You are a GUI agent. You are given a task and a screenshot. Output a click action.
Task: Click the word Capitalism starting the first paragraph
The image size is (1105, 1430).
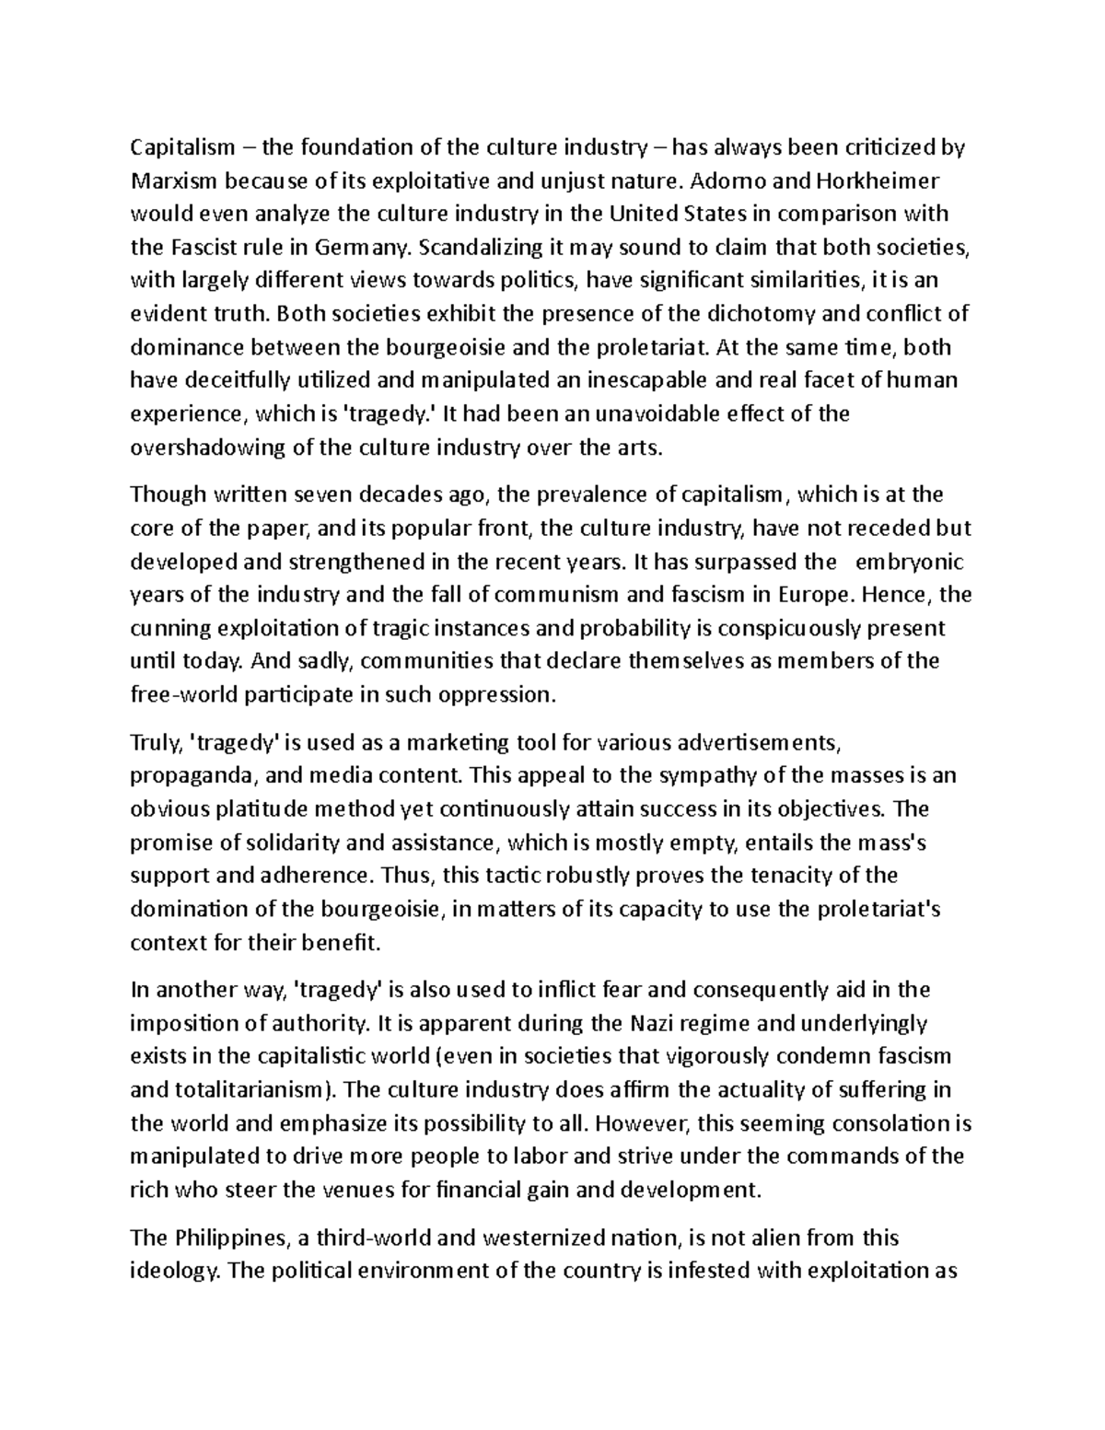(x=182, y=147)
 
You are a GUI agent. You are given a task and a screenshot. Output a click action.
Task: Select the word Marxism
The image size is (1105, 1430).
(x=170, y=180)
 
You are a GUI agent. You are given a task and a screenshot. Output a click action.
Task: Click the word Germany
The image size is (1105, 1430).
(x=364, y=247)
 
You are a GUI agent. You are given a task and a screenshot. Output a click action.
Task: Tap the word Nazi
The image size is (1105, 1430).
(x=653, y=1023)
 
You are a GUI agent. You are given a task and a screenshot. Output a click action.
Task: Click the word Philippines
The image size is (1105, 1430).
(x=224, y=1238)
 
